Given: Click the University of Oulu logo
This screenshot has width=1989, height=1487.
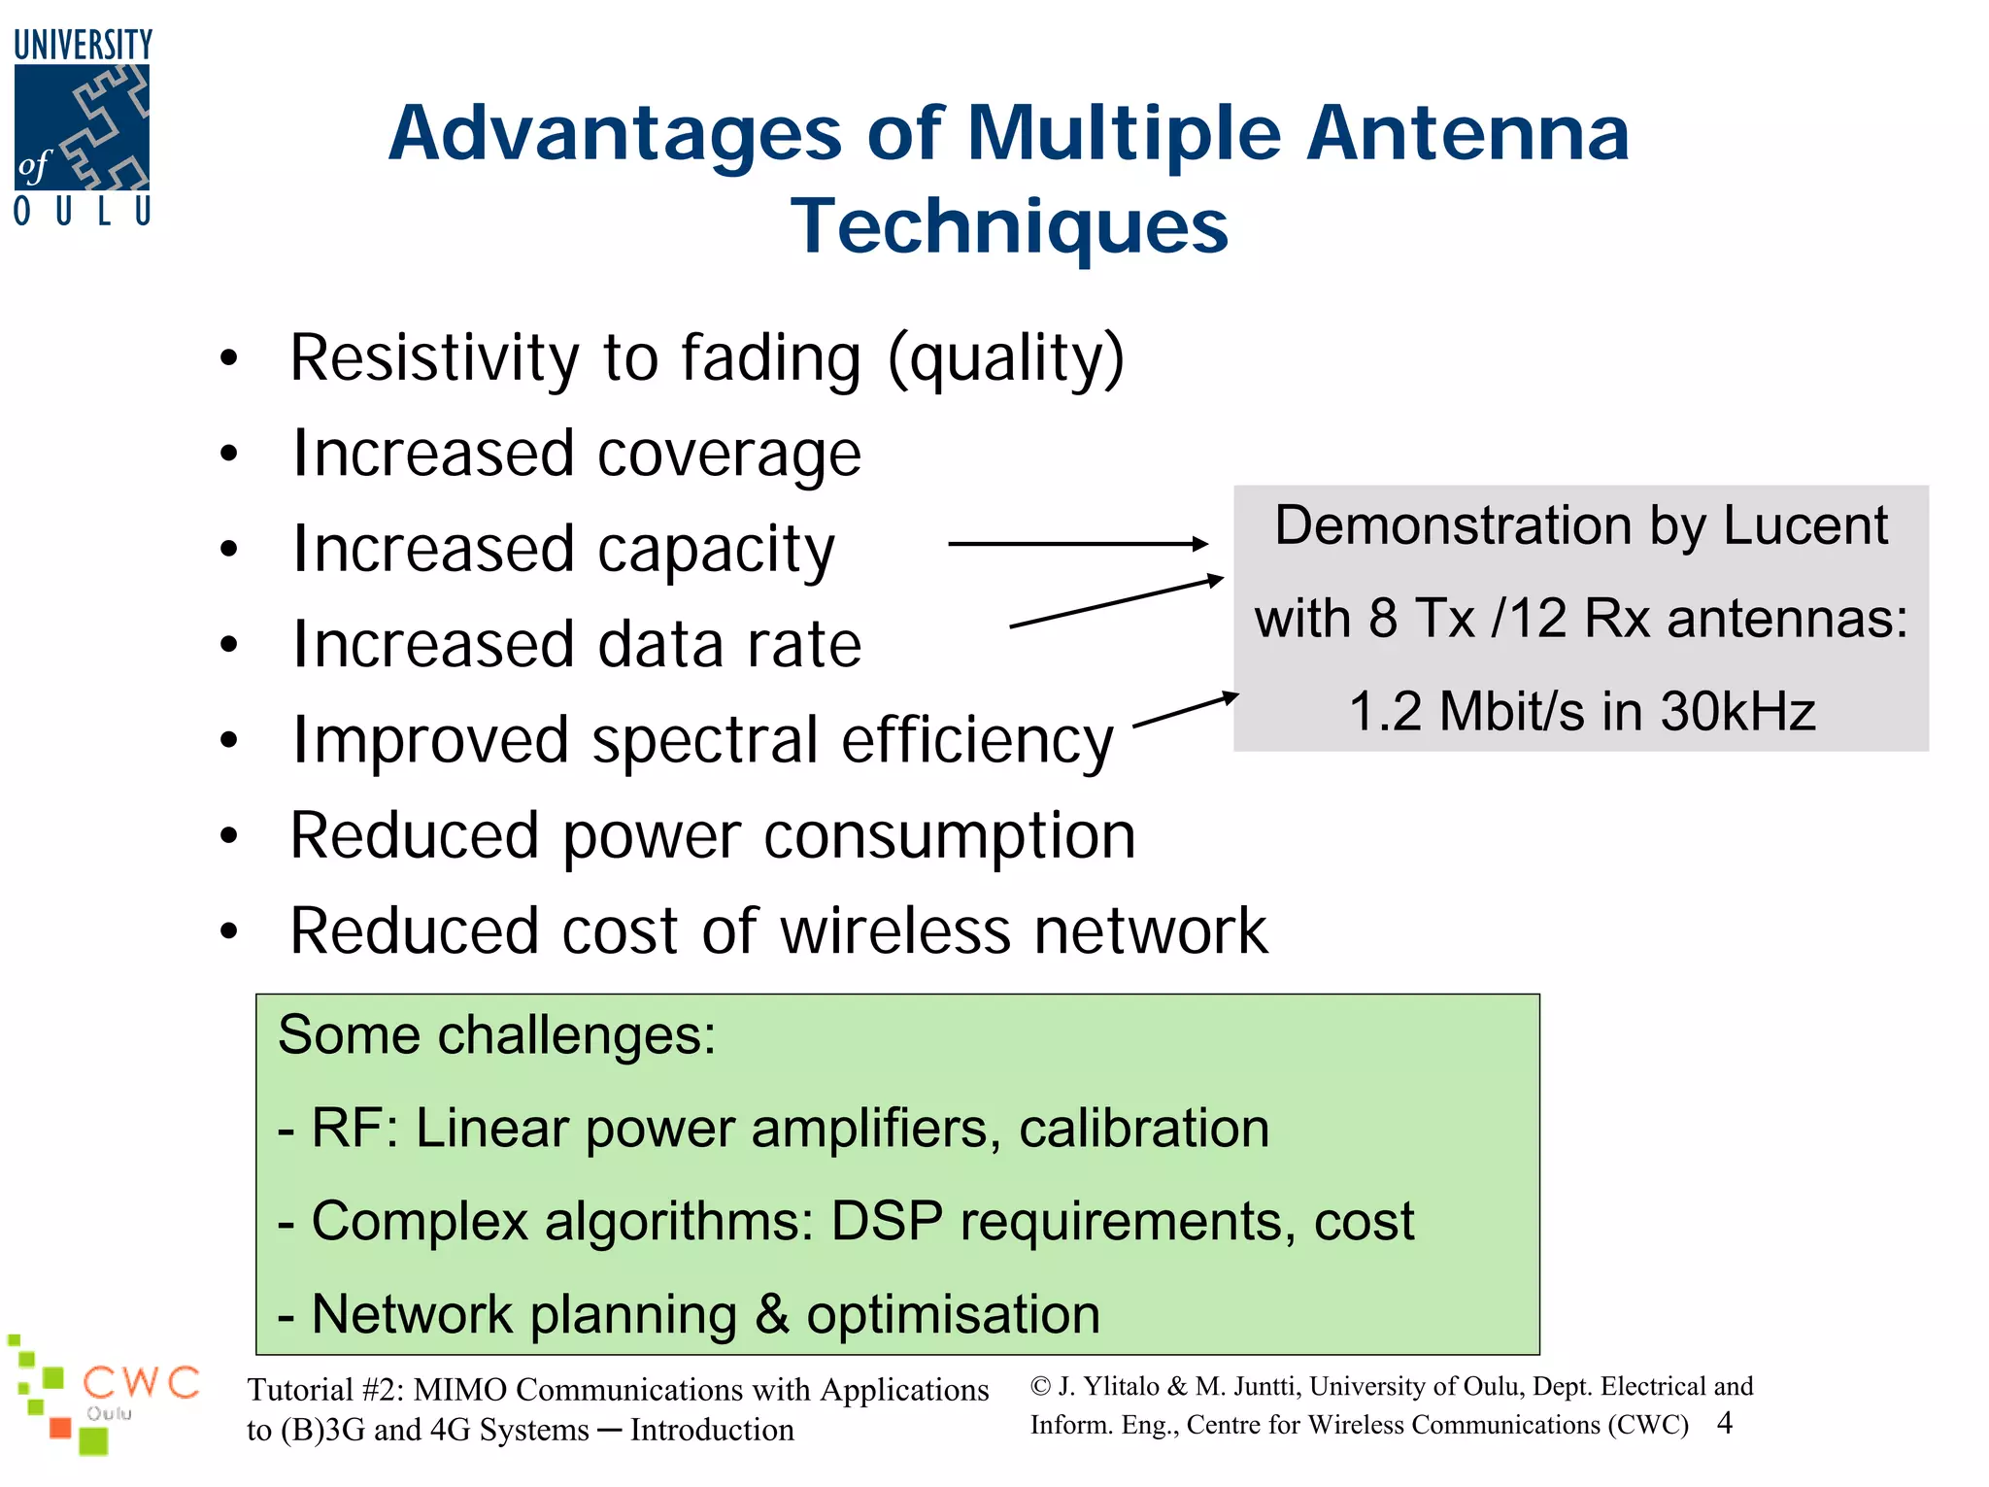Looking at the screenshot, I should [x=83, y=127].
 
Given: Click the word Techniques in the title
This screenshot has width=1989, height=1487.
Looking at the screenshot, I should [x=1009, y=226].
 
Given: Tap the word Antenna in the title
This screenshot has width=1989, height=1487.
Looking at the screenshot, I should [x=1467, y=133].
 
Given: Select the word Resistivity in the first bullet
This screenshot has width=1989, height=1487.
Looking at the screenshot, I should [x=434, y=357].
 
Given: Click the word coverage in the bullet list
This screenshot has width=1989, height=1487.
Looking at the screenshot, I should [x=728, y=454].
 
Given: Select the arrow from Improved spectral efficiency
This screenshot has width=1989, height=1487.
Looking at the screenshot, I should [x=1185, y=711].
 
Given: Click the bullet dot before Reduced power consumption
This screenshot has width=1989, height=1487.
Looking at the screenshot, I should [x=229, y=835].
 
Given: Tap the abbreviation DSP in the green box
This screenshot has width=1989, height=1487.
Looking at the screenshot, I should [x=886, y=1221].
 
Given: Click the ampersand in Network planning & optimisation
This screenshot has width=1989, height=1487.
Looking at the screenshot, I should [x=771, y=1314].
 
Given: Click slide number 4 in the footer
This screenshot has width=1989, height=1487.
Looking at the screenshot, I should [x=1725, y=1423].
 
